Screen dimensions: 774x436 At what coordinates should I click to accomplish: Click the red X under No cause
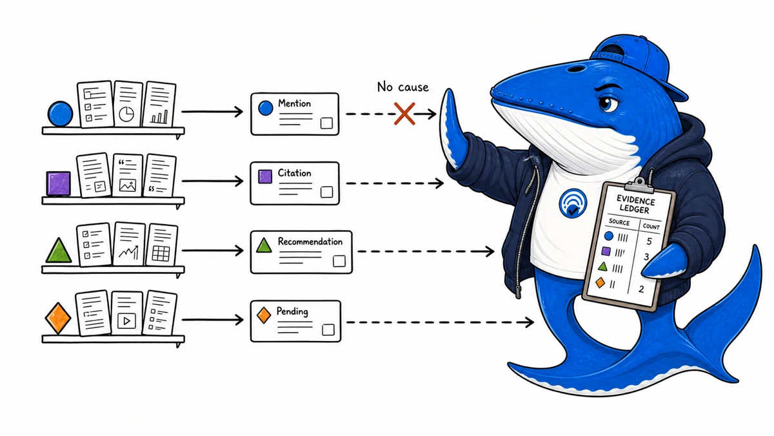404,114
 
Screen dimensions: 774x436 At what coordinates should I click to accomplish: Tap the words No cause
403,87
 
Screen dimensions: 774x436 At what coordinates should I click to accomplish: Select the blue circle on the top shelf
61,114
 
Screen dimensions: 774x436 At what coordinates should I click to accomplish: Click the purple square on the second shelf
59,183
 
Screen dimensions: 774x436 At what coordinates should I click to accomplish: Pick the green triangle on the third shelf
59,251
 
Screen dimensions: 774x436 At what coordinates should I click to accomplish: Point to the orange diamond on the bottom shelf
58,318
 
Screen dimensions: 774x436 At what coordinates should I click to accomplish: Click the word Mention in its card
294,103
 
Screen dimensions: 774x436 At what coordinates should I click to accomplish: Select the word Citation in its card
294,172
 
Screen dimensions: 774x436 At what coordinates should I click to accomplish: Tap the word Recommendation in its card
310,241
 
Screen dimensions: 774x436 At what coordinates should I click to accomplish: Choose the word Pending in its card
292,311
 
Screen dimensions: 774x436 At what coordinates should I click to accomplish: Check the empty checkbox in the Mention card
326,123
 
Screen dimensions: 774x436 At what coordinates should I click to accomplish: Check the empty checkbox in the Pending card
328,330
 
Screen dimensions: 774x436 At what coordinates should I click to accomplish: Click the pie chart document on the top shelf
128,104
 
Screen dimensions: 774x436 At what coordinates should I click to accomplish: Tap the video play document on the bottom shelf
126,313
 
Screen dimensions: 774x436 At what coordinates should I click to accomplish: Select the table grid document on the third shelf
161,245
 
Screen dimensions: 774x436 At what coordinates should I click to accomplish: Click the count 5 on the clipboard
649,241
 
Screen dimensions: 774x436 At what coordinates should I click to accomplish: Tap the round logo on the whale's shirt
573,203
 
